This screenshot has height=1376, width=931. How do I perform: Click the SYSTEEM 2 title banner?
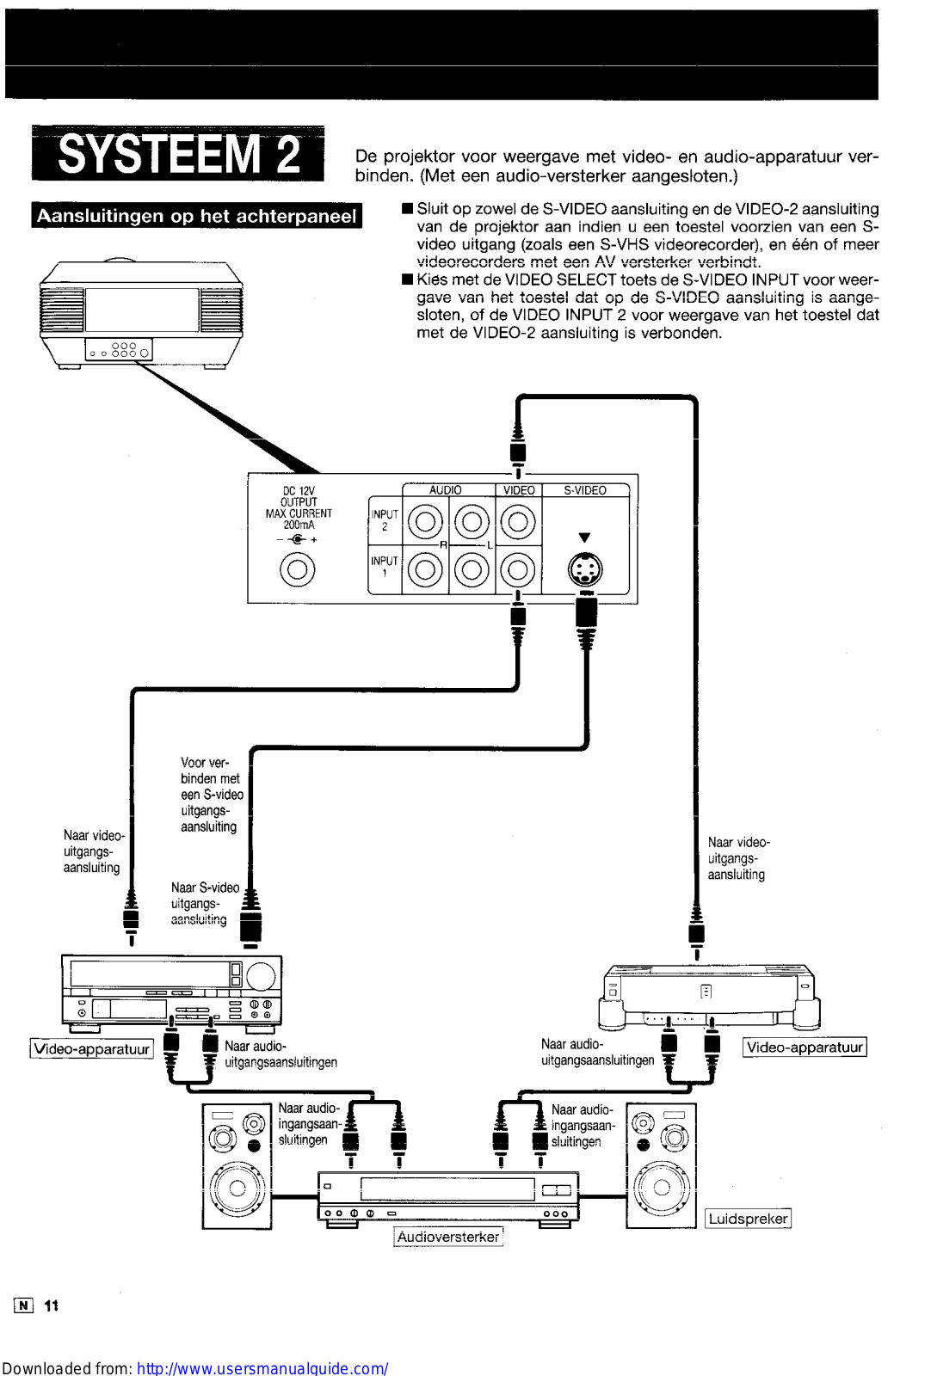point(178,154)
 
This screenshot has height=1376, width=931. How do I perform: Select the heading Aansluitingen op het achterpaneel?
point(196,216)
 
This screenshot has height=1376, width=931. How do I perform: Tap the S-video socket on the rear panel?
point(585,569)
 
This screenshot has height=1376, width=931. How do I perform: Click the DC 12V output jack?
point(298,569)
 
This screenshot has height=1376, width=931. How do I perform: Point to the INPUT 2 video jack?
point(518,521)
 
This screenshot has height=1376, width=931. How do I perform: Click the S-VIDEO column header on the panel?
point(585,490)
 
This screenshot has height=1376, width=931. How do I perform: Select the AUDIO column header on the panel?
point(446,490)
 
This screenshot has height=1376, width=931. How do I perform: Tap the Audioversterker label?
point(448,1237)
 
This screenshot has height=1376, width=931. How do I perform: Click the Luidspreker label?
point(748,1219)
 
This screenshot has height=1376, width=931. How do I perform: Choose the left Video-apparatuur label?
point(91,1049)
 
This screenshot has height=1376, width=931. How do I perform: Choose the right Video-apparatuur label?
point(805,1047)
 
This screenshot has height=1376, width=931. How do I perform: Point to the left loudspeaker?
point(237,1166)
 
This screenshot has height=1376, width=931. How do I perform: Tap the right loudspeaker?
point(661,1166)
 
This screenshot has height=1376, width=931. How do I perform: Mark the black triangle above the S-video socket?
point(585,537)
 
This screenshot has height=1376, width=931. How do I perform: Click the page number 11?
point(52,1305)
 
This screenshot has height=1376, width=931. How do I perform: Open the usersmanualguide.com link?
point(262,1367)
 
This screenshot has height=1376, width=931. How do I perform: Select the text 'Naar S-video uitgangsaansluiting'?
point(205,904)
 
